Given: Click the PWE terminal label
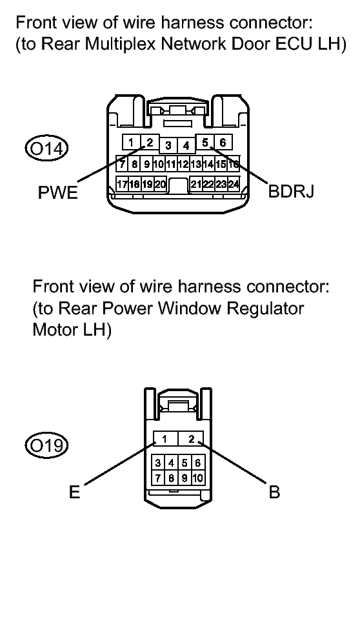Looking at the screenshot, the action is pos(57,192).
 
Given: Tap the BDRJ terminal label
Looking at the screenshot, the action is pos(292,192).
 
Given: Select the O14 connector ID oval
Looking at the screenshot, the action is pos(46,149).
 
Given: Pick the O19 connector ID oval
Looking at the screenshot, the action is pos(46,446).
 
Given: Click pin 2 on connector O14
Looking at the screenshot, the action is pos(150,142).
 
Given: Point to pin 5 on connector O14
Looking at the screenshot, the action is pos(205,142).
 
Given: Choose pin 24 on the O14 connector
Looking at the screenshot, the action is pos(234,184).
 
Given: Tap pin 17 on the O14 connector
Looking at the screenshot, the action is pos(122,184).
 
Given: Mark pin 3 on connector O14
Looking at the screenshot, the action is pos(168,146).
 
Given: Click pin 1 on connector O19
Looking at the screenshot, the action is pos(165,438).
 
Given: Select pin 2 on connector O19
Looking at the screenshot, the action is pos(191,438).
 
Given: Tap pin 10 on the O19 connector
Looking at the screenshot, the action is pos(198,478).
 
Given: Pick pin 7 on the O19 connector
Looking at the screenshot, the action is pos(158,478).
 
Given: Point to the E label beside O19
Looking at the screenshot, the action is pos(75,492).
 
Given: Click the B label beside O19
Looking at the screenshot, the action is pos(274,492).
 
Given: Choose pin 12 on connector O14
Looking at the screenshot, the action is pos(183,163).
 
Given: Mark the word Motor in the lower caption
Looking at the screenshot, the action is pos(55,329).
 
